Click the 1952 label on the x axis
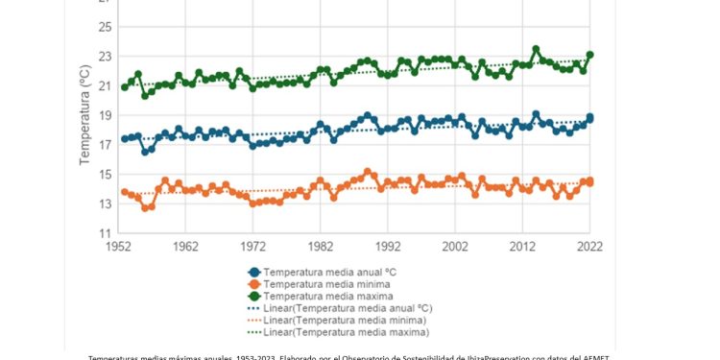119,246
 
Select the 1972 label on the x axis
253,246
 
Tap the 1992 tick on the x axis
388,246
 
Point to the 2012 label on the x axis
522,246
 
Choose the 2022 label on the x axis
589,246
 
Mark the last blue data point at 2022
590,118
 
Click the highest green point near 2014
536,49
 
